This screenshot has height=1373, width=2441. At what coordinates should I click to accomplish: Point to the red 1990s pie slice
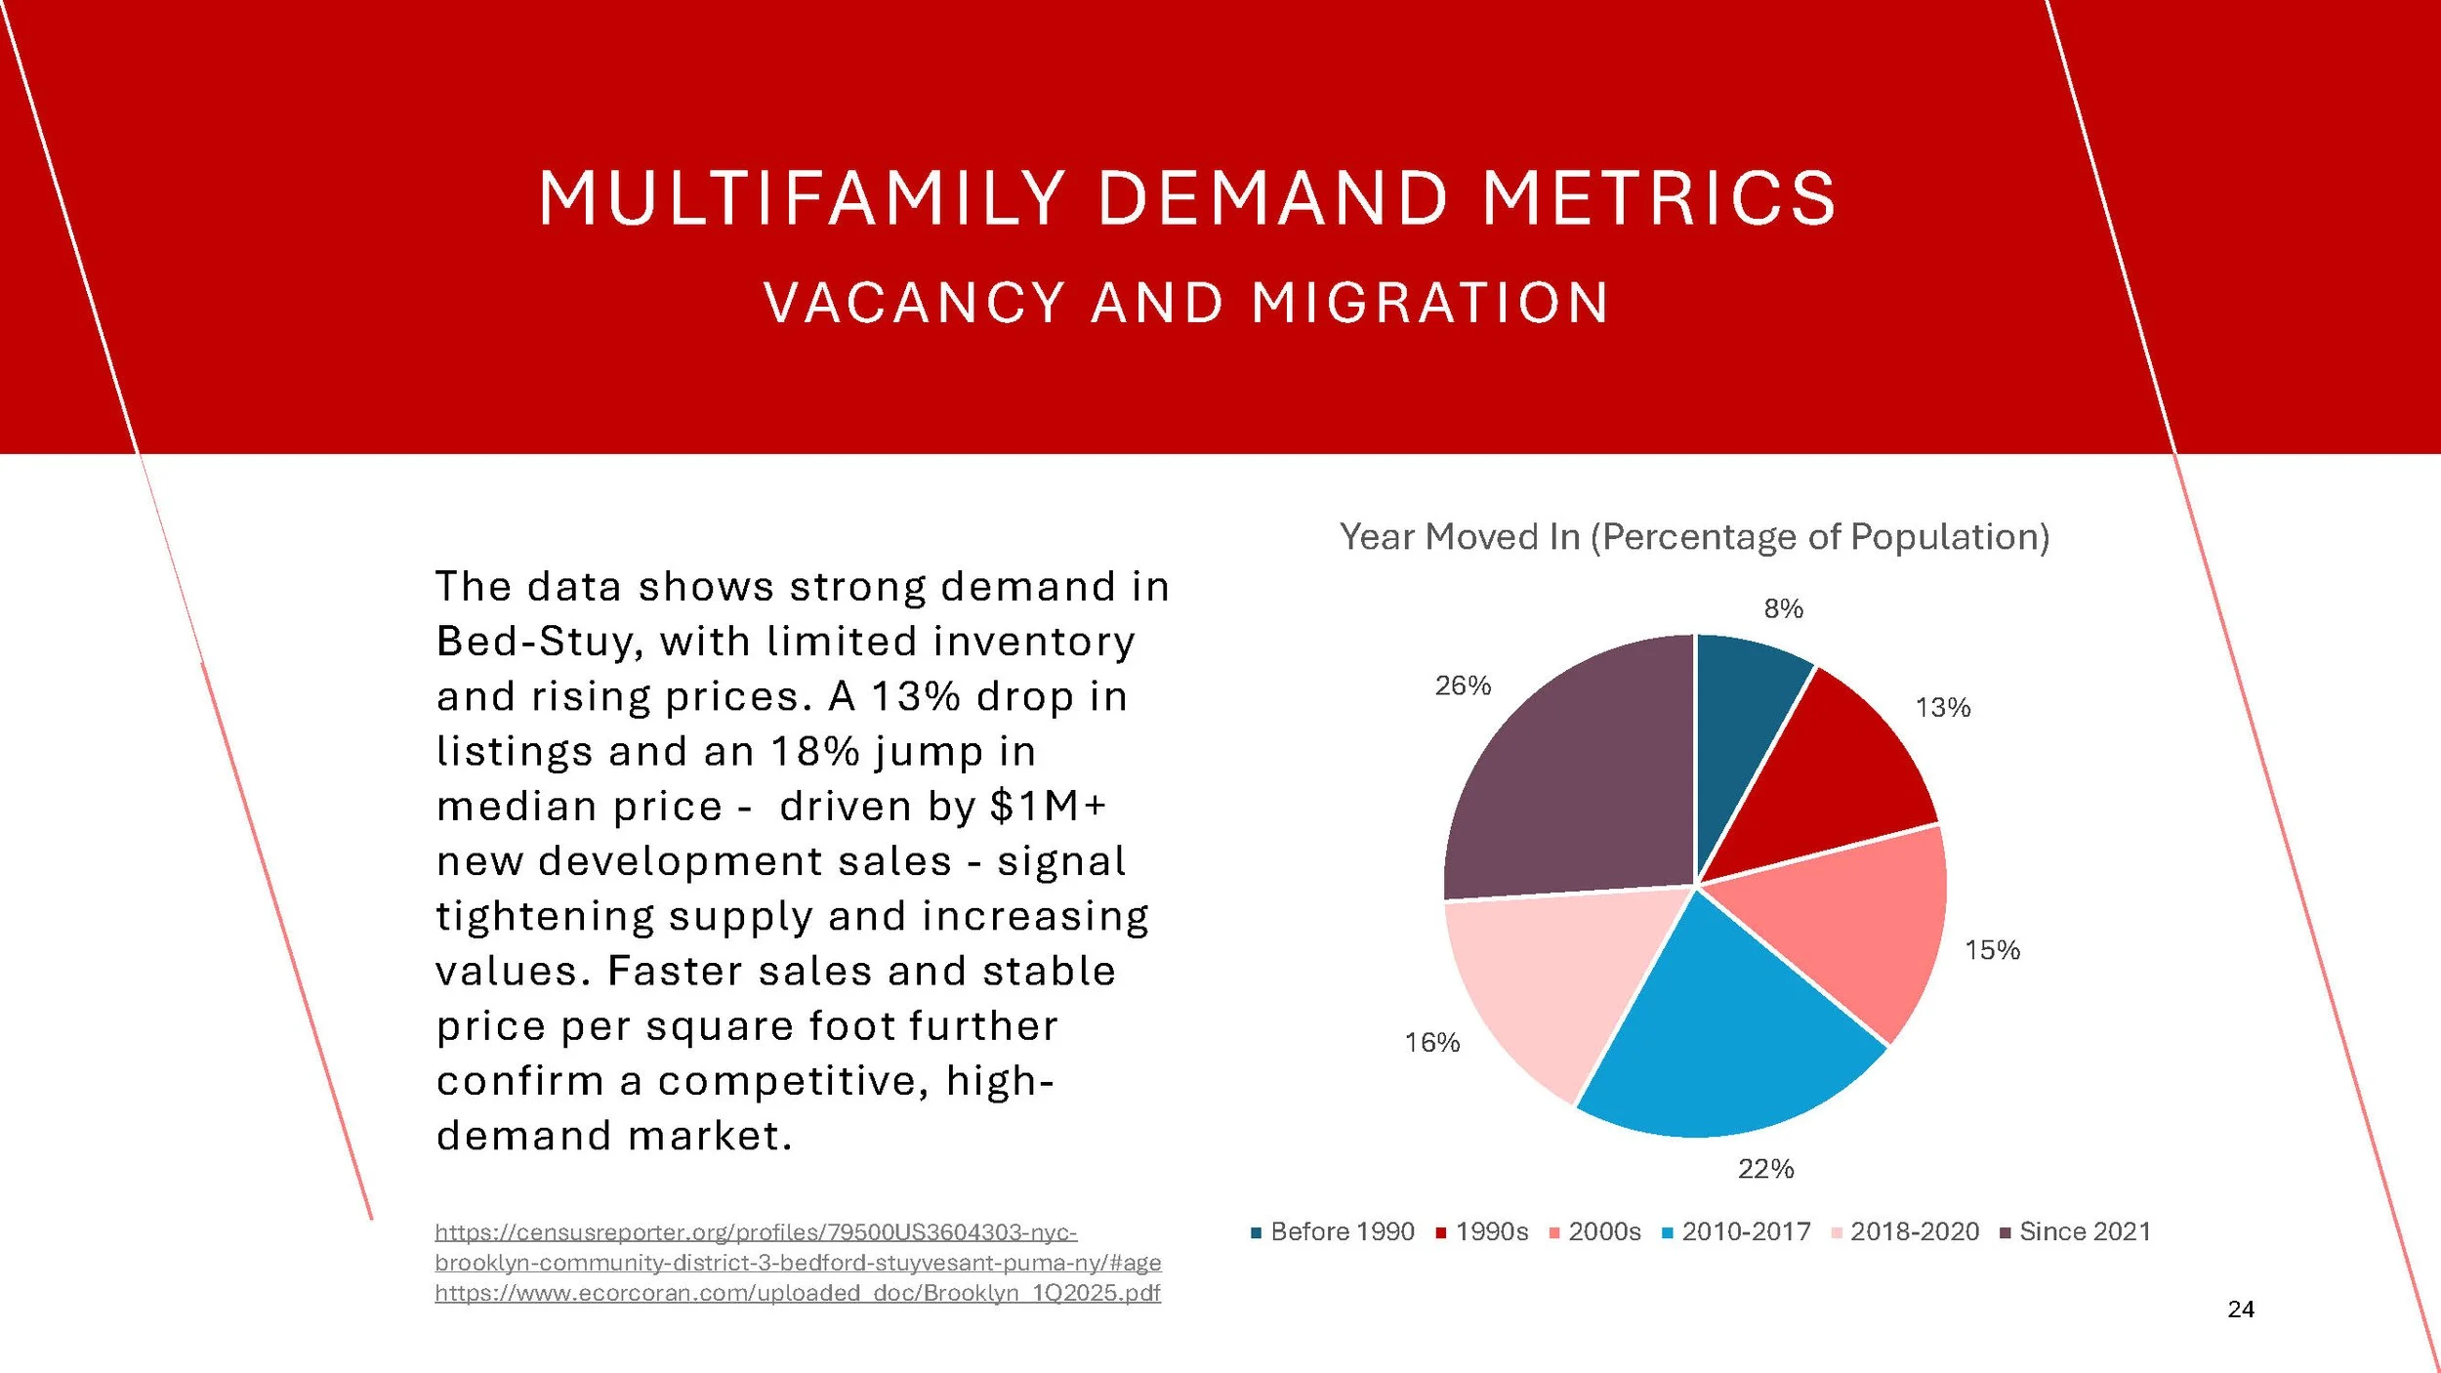pyautogui.click(x=1836, y=781)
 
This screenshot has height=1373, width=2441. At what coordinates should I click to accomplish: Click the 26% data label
pyautogui.click(x=1463, y=686)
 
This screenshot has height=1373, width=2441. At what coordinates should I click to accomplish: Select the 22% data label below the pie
pyautogui.click(x=1765, y=1169)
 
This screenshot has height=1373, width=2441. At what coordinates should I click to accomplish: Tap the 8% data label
pyautogui.click(x=1783, y=609)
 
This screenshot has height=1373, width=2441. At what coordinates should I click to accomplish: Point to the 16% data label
pyautogui.click(x=1431, y=1043)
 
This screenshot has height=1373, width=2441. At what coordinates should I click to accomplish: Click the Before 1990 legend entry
pyautogui.click(x=1333, y=1232)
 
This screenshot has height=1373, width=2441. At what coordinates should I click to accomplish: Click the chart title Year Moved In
pyautogui.click(x=1694, y=537)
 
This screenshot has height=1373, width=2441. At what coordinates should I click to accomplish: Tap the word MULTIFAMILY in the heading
pyautogui.click(x=801, y=199)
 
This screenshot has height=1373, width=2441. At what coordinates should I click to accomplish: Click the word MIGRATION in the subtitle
pyautogui.click(x=1430, y=303)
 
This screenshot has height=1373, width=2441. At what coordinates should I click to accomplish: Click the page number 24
pyautogui.click(x=2241, y=1310)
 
